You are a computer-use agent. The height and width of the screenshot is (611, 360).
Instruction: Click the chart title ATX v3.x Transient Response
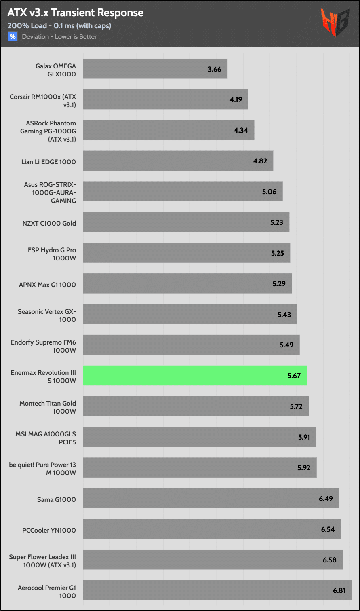75,13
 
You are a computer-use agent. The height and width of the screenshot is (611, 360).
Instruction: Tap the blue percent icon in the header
13,36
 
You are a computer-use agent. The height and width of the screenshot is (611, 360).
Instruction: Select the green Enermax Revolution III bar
195,375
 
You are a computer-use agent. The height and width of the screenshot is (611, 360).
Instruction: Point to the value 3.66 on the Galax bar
215,69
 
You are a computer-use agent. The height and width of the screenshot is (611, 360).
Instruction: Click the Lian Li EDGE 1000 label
48,162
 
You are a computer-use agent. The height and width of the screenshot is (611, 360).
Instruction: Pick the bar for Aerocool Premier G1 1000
217,590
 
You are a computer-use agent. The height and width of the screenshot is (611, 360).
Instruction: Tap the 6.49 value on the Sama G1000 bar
326,498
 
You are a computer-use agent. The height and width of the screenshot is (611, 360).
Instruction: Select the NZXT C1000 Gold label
49,223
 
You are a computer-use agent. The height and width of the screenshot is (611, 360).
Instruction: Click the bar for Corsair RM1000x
166,99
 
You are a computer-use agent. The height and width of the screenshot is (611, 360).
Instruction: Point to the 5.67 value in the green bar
294,376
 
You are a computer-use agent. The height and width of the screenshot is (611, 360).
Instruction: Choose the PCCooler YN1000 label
49,530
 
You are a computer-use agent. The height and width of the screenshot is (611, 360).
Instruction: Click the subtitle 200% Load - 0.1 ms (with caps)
59,26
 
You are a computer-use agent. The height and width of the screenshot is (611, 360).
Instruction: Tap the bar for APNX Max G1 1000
187,283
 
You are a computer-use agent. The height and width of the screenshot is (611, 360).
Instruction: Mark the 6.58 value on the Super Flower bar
329,560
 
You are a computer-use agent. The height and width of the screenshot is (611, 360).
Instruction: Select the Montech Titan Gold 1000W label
48,407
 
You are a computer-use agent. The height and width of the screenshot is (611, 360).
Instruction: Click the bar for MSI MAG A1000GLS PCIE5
200,437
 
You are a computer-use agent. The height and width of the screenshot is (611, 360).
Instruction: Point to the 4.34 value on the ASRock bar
241,130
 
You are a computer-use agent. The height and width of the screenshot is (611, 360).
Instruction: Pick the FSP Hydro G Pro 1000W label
52,254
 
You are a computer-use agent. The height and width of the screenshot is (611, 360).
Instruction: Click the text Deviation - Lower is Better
59,36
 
